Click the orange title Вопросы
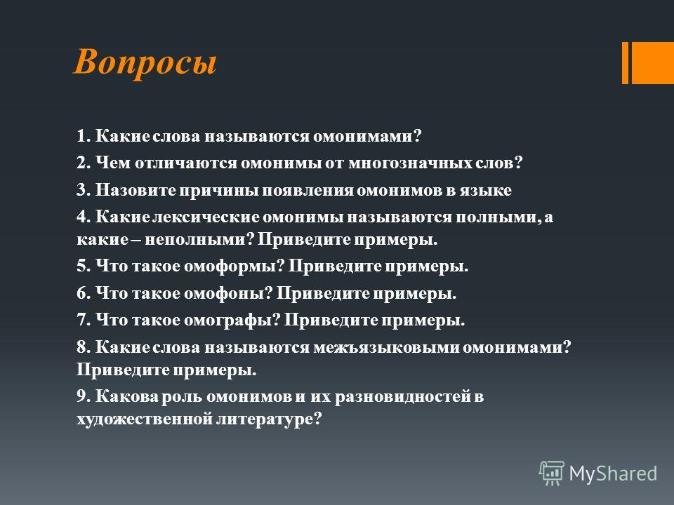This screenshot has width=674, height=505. tap(145, 63)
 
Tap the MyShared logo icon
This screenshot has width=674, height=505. tap(552, 473)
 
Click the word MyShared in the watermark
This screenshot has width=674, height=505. tap(613, 473)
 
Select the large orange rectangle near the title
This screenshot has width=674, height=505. tap(652, 63)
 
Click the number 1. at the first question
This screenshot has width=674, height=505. tap(84, 136)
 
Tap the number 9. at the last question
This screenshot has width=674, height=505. tap(84, 396)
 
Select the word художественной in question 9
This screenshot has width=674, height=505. tap(145, 419)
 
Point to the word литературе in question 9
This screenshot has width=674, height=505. tap(269, 419)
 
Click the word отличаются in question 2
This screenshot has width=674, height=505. tap(186, 163)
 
